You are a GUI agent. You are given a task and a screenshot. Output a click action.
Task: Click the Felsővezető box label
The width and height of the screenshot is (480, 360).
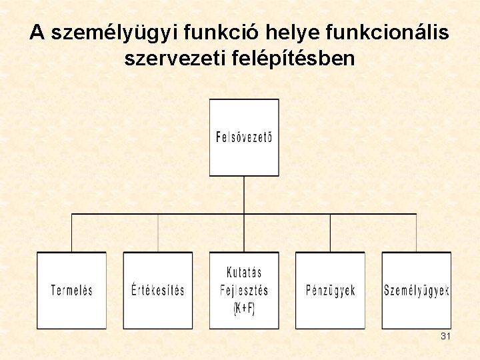pos(244,139)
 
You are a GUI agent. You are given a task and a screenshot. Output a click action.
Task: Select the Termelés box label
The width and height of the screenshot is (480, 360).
pos(72,291)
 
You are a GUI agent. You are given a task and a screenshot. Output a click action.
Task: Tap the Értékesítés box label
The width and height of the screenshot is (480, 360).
pos(158,291)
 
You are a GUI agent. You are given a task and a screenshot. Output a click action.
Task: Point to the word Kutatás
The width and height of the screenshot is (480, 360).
pos(244,273)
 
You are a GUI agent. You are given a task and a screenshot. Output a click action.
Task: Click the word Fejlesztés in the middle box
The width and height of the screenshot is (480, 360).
pos(244,291)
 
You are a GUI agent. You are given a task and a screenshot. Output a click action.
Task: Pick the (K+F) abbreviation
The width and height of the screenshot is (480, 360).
pos(244,309)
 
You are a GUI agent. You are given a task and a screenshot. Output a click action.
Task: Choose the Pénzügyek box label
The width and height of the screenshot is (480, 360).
pos(330,291)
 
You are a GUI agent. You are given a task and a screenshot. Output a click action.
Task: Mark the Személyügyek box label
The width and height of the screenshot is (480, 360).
pos(417,291)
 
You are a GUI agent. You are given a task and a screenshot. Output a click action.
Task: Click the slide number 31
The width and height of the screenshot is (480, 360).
pos(445,337)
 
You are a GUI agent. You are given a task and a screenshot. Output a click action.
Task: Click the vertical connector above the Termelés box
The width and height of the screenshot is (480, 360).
pos(72,233)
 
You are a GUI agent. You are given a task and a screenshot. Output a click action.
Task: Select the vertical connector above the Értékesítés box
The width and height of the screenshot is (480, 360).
pos(158,233)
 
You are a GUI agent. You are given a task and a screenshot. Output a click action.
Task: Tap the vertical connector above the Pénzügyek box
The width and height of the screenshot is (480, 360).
pos(330,233)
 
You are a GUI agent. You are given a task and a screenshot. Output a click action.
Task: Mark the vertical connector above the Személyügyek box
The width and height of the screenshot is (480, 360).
pos(417,233)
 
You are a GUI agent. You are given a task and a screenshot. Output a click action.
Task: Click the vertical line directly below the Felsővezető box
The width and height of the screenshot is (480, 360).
pos(244,195)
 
